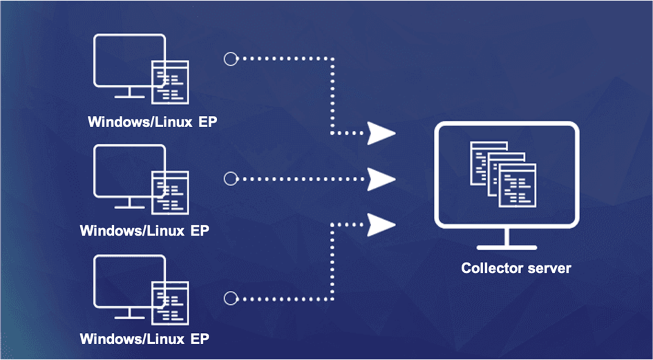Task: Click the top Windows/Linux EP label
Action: tap(157, 122)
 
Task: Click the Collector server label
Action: tap(516, 267)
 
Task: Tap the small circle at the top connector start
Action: tap(230, 59)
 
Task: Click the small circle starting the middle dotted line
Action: tap(230, 179)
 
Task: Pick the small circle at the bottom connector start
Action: tap(230, 299)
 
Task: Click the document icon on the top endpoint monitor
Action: tap(171, 80)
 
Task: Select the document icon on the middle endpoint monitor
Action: tap(171, 191)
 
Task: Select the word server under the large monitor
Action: tap(549, 267)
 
